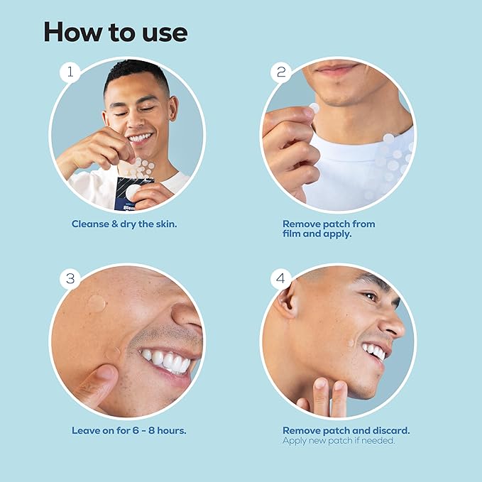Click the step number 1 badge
tap(69, 72)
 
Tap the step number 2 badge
tap(280, 72)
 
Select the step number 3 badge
tap(70, 278)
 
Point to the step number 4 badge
tap(281, 278)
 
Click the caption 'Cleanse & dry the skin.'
tap(124, 224)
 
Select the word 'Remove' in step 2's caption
tap(302, 224)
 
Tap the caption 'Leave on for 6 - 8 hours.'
tap(129, 430)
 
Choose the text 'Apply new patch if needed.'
tap(338, 441)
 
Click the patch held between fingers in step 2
tap(314, 109)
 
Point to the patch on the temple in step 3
tap(97, 304)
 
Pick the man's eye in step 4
tap(371, 296)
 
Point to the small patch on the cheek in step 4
tap(350, 344)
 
